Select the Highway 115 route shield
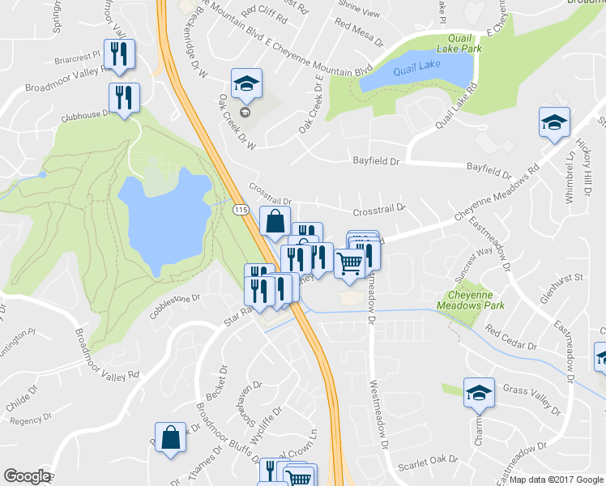pyautogui.click(x=241, y=210)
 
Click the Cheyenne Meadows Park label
pyautogui.click(x=470, y=301)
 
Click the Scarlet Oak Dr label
pyautogui.click(x=429, y=465)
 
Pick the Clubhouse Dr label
pyautogui.click(x=83, y=115)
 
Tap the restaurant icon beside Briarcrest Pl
pyautogui.click(x=119, y=55)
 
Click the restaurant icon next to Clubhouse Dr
pyautogui.click(x=124, y=98)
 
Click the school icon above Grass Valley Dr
pyautogui.click(x=479, y=392)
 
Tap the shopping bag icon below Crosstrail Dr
pyautogui.click(x=275, y=220)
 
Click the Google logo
pyautogui.click(x=27, y=476)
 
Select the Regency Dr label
pyautogui.click(x=26, y=420)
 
